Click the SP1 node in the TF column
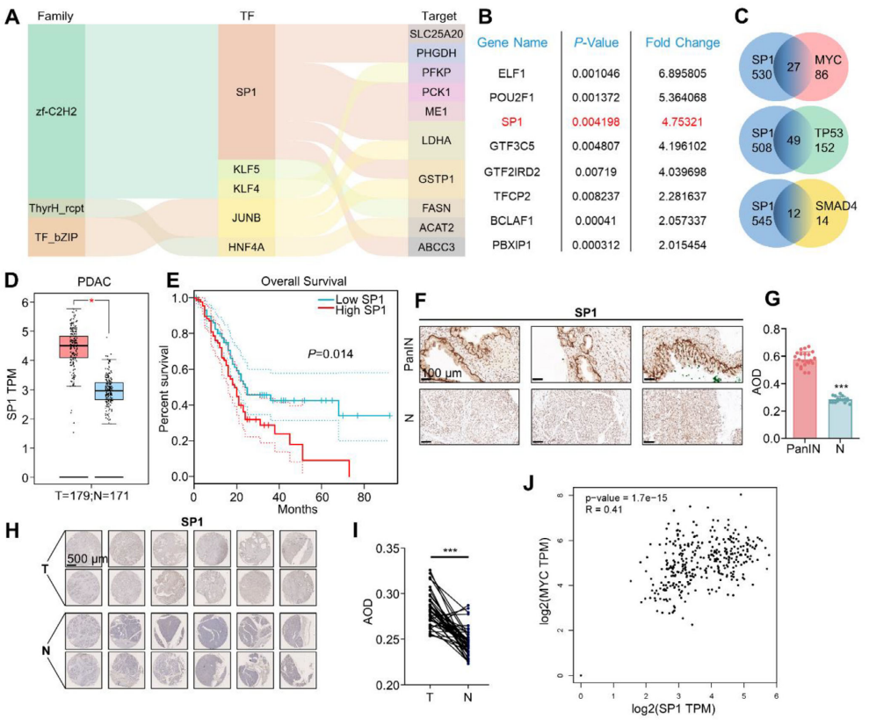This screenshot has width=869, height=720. (246, 91)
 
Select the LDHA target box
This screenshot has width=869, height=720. (438, 141)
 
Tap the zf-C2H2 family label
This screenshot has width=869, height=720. (55, 111)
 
